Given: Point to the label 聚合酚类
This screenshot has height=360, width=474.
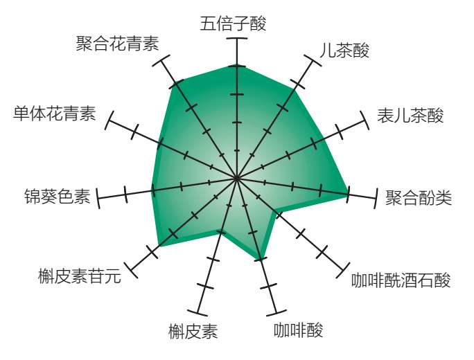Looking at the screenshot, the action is click(419, 199).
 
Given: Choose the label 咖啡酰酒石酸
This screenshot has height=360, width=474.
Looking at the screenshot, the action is click(401, 280).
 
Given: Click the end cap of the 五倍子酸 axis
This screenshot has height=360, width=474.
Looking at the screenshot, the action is click(237, 39).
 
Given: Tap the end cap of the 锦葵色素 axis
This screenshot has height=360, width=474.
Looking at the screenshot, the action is click(98, 198).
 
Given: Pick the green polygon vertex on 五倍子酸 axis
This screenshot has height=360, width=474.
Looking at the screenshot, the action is click(237, 66).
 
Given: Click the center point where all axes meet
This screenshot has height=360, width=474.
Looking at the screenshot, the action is click(237, 179).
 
